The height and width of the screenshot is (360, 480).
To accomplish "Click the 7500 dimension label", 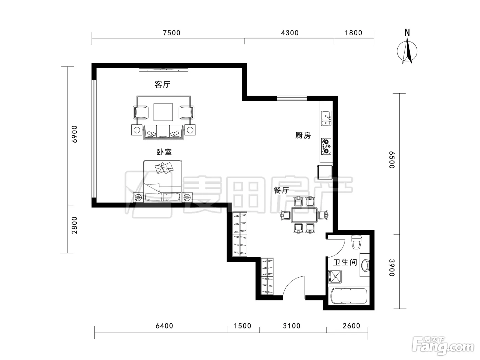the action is [172, 33].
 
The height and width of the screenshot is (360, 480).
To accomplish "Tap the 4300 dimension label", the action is [290, 33].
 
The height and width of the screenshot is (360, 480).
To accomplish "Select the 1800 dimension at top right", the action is [353, 33].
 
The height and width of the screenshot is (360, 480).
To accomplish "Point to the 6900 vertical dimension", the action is [74, 134].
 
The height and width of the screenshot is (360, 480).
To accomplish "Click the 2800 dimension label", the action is [74, 225].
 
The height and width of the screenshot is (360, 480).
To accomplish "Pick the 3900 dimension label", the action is [392, 268].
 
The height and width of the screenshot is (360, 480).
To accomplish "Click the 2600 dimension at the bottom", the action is [351, 326].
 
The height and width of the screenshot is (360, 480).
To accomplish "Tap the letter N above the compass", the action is [407, 33].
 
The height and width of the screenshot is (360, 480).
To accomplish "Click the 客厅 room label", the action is [162, 84].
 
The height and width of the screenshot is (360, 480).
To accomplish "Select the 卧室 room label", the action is [164, 152].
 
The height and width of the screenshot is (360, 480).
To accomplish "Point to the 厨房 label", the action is [303, 135].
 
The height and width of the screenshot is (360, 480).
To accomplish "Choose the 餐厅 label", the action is [281, 190].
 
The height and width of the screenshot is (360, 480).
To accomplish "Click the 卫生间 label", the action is [345, 262].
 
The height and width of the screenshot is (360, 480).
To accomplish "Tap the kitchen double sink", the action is [326, 118].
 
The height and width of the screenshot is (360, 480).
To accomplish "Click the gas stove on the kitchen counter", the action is [326, 146].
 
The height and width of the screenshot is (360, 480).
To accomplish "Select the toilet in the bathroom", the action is [357, 242].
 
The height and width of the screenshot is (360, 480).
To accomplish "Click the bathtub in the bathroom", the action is [349, 296].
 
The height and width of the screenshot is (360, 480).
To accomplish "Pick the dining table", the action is [304, 215].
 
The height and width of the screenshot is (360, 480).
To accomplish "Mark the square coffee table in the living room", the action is [163, 112].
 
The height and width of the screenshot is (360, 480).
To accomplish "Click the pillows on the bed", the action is [164, 168].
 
